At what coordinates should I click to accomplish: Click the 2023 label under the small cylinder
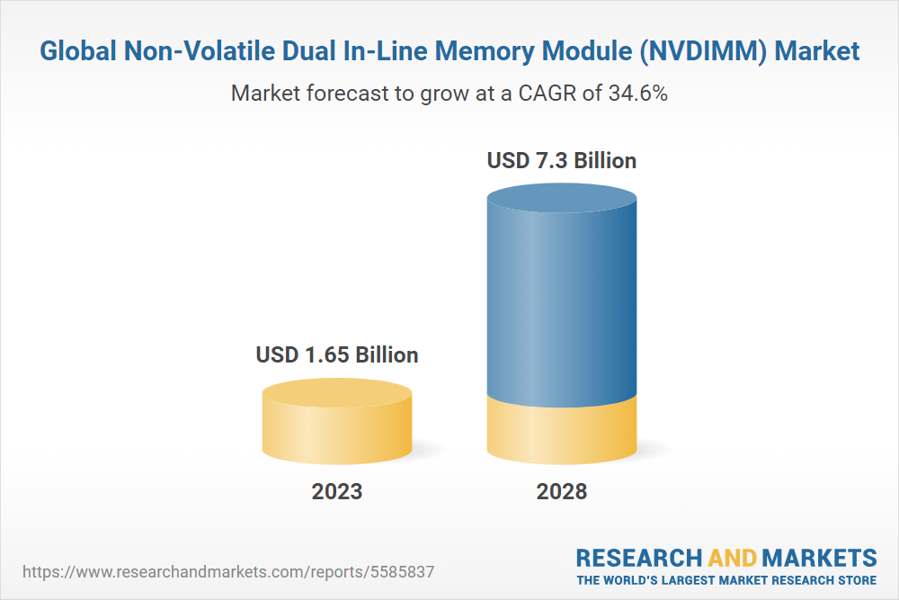(x=337, y=491)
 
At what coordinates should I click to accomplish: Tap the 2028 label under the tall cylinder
(x=562, y=491)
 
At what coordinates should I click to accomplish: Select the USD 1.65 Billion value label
(x=337, y=354)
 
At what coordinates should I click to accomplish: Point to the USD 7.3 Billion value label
(x=562, y=161)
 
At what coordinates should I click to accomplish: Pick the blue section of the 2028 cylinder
(x=562, y=297)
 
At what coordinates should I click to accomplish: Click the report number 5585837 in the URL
(x=410, y=571)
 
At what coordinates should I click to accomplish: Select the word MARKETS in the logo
(x=819, y=557)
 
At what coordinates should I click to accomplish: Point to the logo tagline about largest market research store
(x=726, y=579)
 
